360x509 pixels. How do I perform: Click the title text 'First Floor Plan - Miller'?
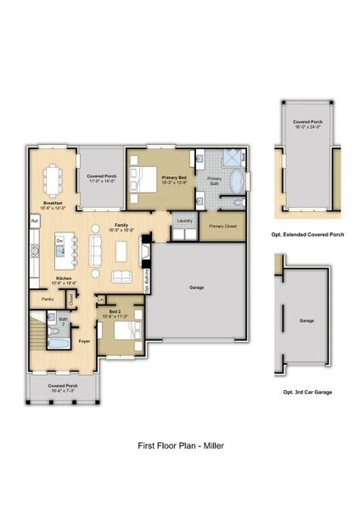click(180, 444)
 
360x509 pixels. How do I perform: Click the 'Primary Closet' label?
click(222, 227)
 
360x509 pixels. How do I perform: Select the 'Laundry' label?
click(183, 221)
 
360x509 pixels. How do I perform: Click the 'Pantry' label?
click(48, 299)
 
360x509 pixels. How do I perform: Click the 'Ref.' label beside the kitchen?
click(35, 221)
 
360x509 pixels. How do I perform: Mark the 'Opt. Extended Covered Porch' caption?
click(307, 232)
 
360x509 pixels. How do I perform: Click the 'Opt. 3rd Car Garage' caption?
click(307, 393)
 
